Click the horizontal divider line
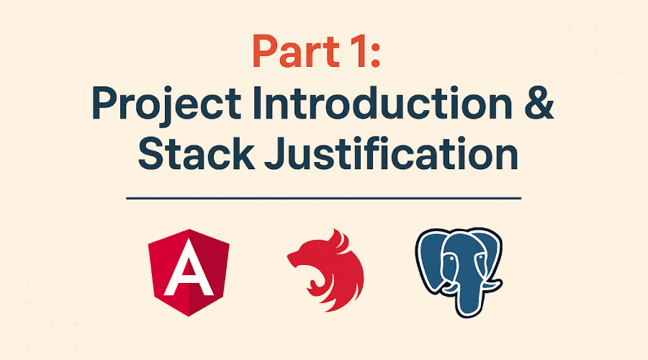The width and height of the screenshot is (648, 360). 323,197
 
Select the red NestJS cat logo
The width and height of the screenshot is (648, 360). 325,269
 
